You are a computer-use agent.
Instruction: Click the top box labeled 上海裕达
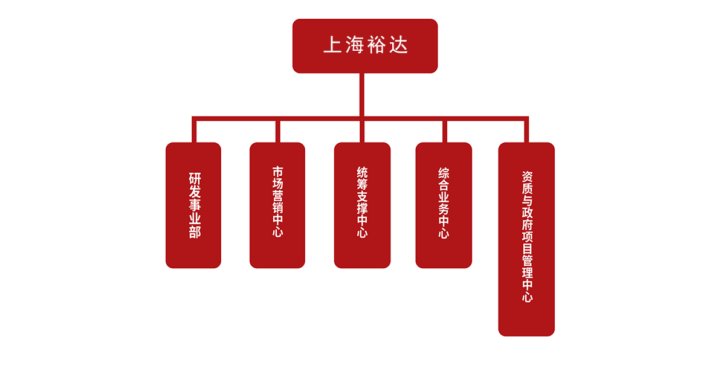coord(364,46)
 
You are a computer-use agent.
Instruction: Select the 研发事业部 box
coord(193,205)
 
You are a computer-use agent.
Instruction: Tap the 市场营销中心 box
coord(277,205)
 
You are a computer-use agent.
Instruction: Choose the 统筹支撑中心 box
coord(362,205)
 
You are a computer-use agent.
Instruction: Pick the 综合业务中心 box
coord(444,205)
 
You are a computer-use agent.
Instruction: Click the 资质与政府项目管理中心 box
coord(526,239)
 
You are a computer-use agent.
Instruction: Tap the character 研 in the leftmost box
coord(194,179)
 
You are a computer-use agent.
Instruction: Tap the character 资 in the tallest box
coord(527,176)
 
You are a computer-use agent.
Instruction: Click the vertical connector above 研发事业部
coord(194,130)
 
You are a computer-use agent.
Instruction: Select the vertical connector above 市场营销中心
coord(277,130)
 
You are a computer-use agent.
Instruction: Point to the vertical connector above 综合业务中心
coord(444,130)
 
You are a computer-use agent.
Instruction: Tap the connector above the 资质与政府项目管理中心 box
coord(526,130)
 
